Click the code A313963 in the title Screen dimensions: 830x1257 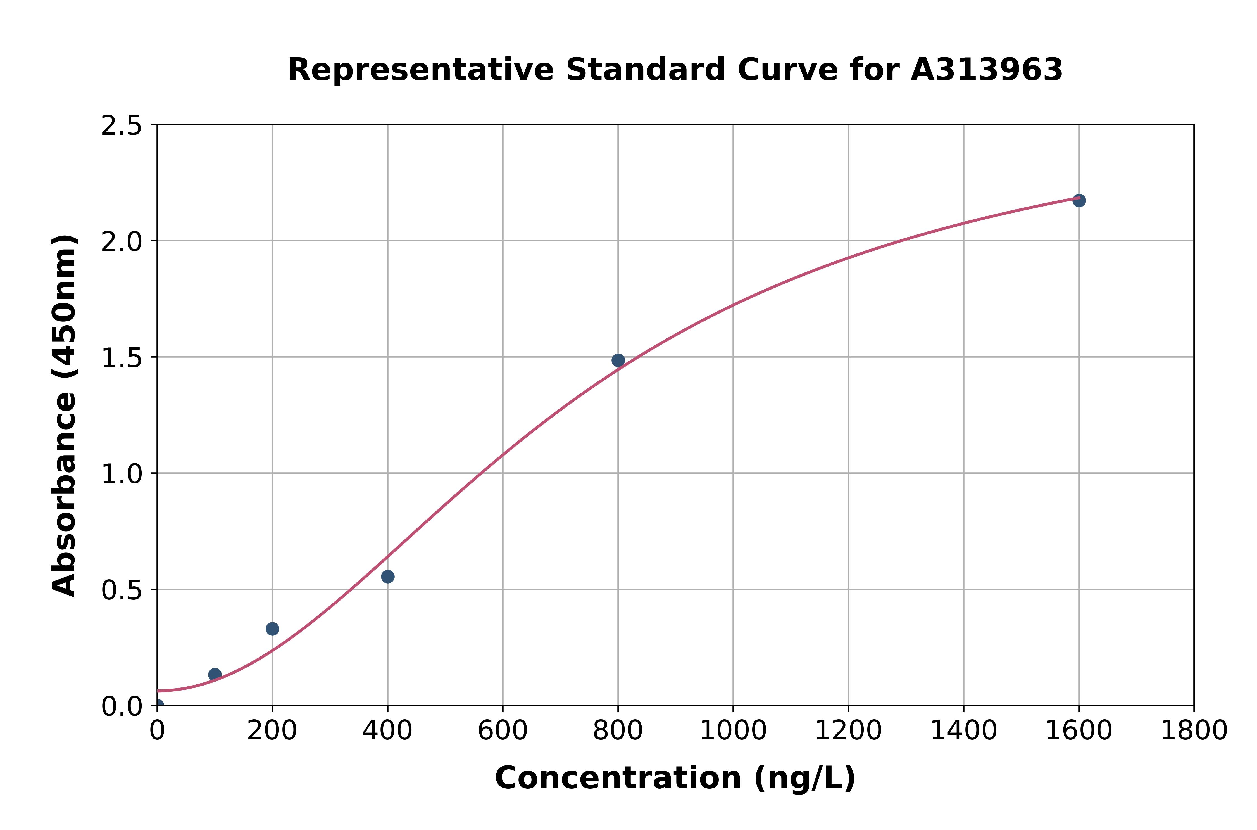(x=986, y=70)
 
